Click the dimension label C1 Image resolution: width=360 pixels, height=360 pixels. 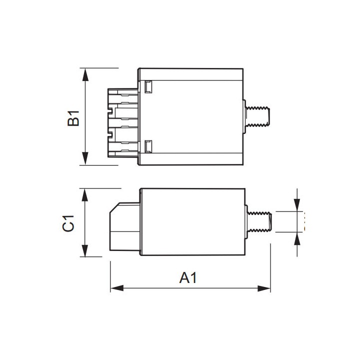[68, 223]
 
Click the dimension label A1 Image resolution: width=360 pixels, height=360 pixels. [188, 277]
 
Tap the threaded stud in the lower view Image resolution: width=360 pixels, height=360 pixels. [260, 221]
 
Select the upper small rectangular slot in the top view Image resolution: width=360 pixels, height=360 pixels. [148, 87]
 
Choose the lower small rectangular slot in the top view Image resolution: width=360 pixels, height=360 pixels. [148, 146]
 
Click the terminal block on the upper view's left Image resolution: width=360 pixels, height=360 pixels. [122, 122]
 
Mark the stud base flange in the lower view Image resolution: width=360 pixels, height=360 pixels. [246, 221]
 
